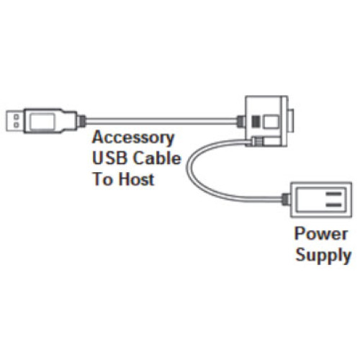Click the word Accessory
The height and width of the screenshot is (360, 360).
133,137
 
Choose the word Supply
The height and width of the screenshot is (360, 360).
322,256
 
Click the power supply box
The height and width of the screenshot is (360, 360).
316,199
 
